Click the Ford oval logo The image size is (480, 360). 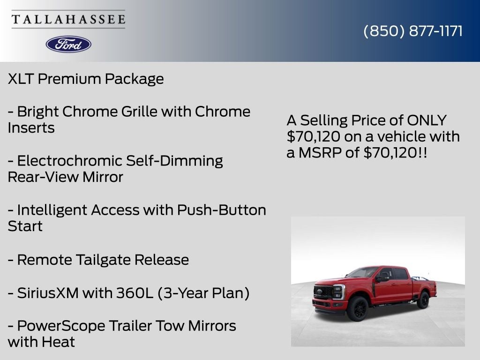tap(68, 45)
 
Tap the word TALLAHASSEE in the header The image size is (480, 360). tap(68, 19)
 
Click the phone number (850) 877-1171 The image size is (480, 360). tap(413, 31)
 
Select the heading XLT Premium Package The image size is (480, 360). tap(86, 79)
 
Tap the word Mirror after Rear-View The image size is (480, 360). tap(103, 177)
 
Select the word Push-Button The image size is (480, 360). tap(222, 210)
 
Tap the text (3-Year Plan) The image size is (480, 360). tap(203, 293)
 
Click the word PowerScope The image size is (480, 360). tap(61, 326)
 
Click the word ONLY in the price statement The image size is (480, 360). tap(427, 120)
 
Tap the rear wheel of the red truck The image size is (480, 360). tap(424, 300)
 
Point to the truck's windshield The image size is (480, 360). tap(363, 272)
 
